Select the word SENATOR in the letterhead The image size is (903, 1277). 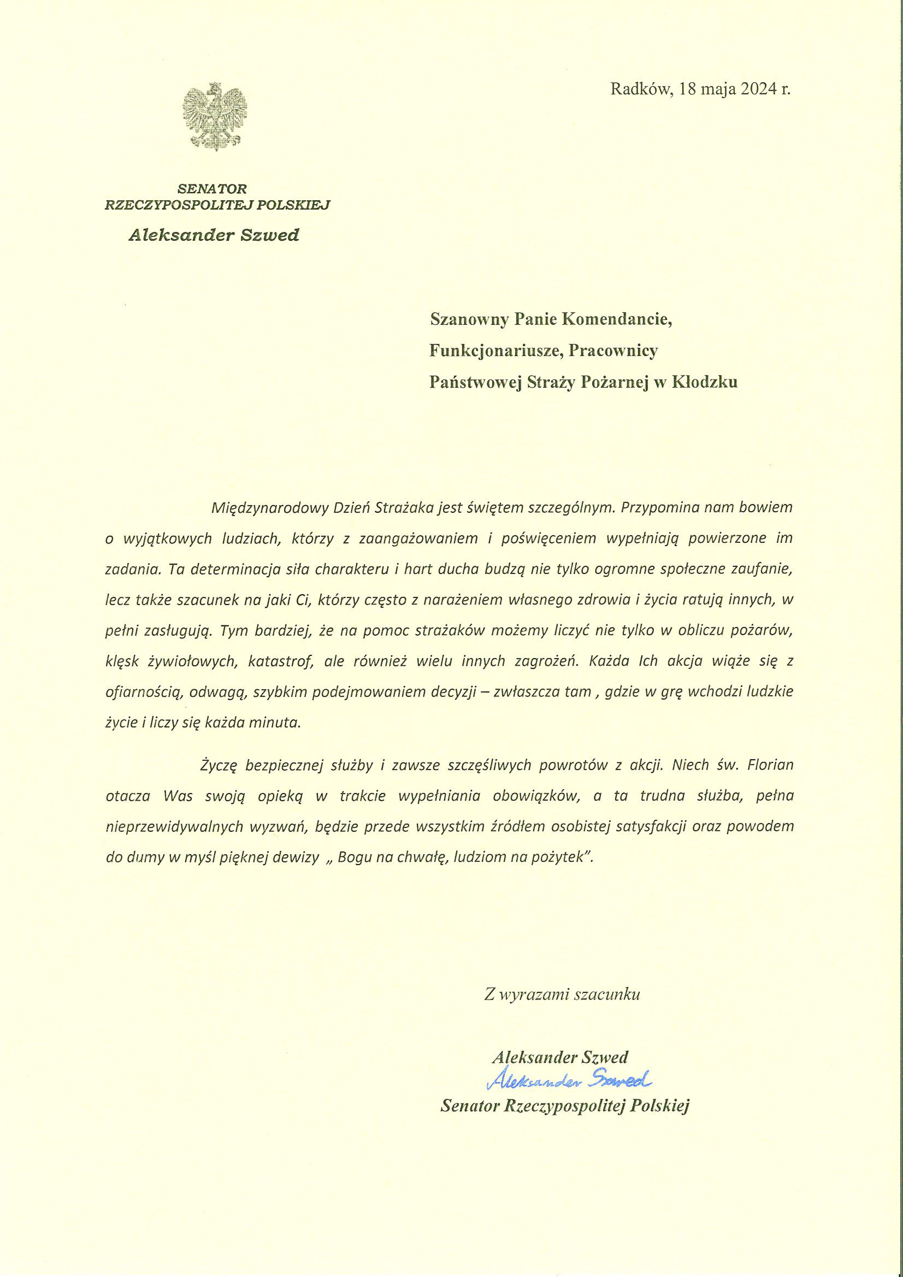212,189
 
